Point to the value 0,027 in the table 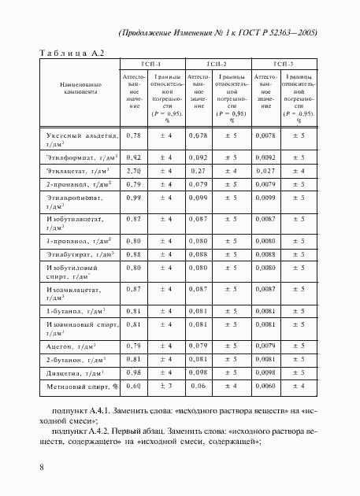coord(266,170)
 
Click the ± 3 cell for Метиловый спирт coord(166,386)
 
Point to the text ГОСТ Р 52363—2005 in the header coord(285,33)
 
